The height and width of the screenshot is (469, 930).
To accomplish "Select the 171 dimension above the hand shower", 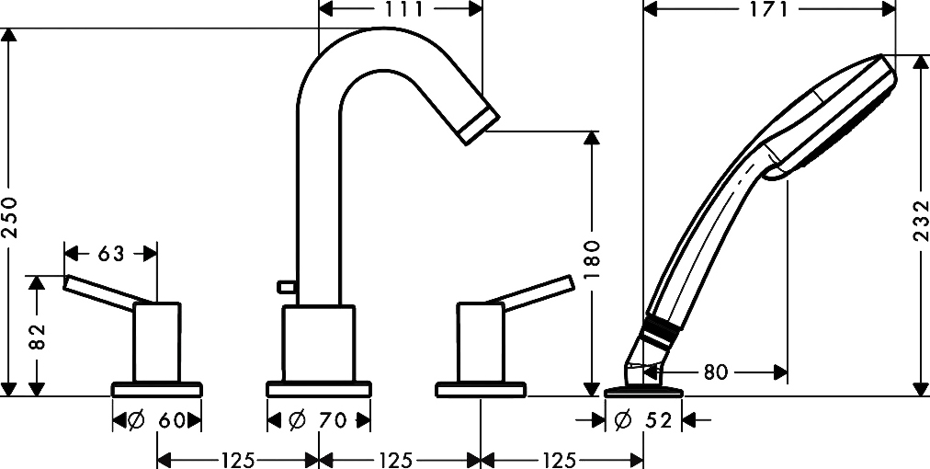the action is pyautogui.click(x=769, y=9).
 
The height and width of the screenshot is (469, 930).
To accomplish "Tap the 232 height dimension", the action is pyautogui.click(x=921, y=221).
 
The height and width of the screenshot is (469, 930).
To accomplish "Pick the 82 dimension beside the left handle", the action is pyautogui.click(x=37, y=337).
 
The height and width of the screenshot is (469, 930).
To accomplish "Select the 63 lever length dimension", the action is pyautogui.click(x=111, y=254).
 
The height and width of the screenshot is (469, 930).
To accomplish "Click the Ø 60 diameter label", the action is pyautogui.click(x=156, y=421).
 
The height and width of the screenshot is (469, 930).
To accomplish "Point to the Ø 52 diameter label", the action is pyautogui.click(x=643, y=421).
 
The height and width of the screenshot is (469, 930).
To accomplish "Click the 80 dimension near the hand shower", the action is pyautogui.click(x=715, y=372).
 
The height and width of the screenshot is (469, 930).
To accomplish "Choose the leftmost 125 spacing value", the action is pyautogui.click(x=238, y=460).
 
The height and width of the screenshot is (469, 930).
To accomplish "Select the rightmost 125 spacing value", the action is pyautogui.click(x=559, y=460).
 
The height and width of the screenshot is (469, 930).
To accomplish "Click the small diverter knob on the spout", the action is pyautogui.click(x=287, y=287).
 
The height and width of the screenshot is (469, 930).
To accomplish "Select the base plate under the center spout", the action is pyautogui.click(x=319, y=389).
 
